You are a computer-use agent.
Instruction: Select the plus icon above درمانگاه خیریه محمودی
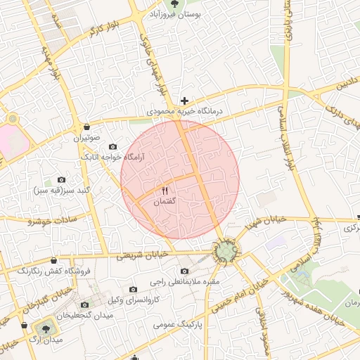click(184, 101)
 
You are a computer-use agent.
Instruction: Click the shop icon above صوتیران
click(86, 127)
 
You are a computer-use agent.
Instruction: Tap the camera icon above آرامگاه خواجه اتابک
click(113, 146)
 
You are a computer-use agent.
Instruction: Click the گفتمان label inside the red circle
click(165, 202)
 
